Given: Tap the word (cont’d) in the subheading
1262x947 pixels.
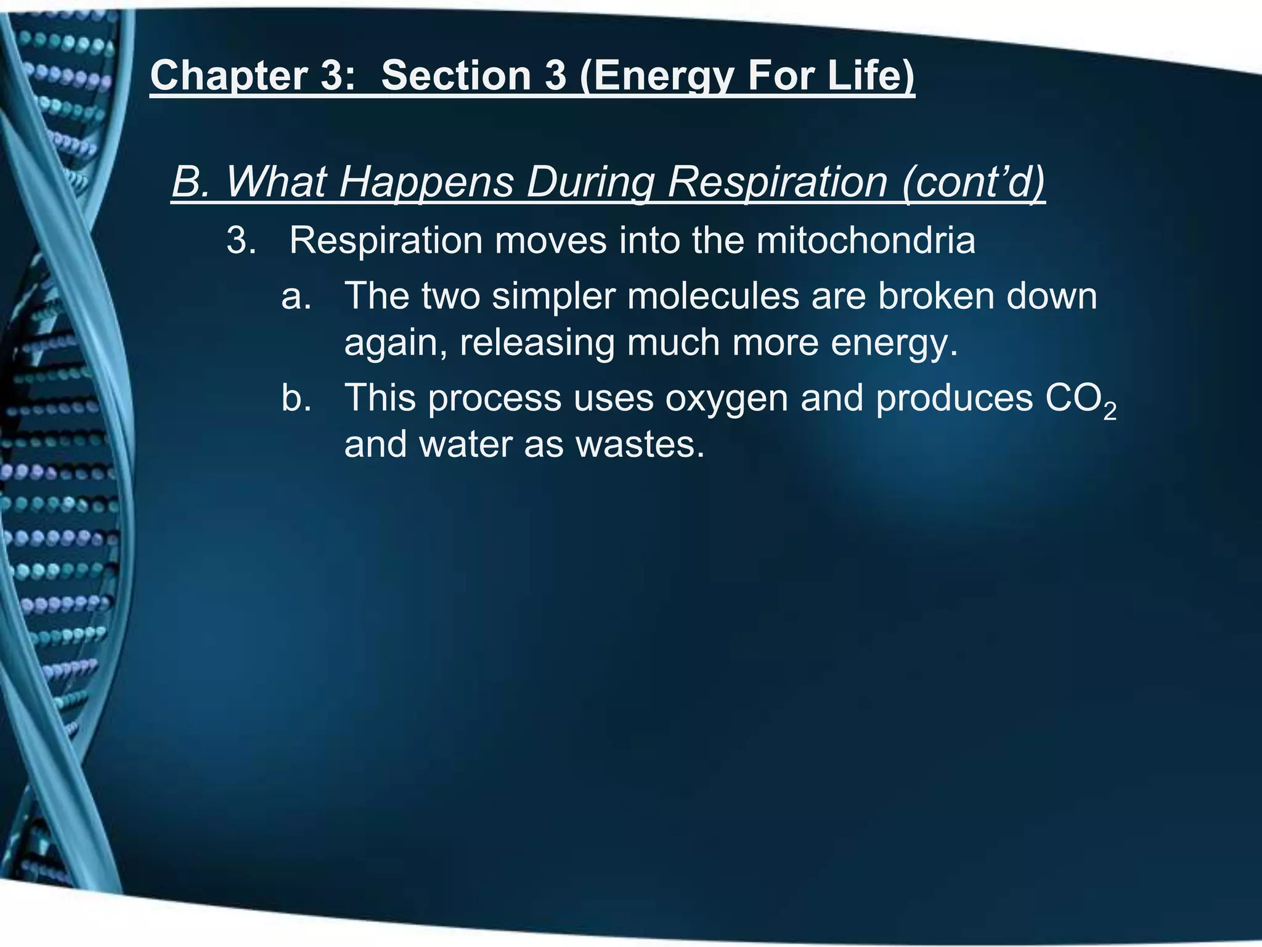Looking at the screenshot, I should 974,182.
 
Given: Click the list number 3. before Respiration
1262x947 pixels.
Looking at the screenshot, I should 242,240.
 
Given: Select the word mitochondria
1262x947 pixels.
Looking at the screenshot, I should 866,240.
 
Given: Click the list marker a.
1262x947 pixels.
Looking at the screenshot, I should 296,296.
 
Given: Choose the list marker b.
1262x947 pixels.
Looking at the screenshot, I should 296,398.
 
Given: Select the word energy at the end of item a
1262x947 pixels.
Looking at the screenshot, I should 894,343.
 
